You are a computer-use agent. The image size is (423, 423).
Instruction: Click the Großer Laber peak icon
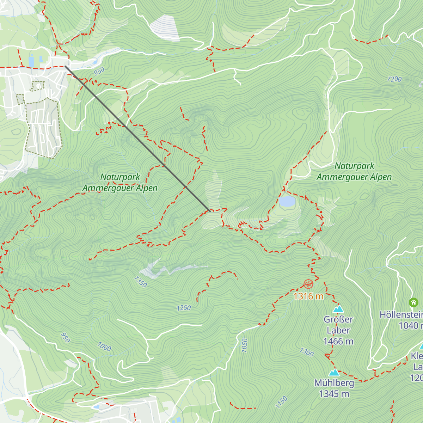[338, 309]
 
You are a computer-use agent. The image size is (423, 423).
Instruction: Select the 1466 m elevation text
[338, 341]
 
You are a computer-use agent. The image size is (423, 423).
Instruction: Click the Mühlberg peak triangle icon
[334, 372]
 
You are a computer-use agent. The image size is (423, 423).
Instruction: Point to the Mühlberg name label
[334, 383]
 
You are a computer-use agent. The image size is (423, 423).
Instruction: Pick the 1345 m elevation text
[334, 394]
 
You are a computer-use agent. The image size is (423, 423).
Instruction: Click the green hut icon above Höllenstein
[413, 302]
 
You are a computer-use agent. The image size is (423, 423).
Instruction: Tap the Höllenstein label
[401, 314]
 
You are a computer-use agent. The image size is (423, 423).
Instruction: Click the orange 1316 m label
[308, 296]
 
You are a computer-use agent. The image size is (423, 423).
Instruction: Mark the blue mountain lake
[287, 201]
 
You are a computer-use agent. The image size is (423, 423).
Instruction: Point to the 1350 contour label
[140, 282]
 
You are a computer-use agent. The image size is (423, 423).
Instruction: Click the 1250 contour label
[184, 308]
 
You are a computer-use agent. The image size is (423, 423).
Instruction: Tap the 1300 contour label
[306, 352]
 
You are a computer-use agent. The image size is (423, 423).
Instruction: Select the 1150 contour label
[281, 402]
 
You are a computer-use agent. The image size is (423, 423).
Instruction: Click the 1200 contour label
[394, 79]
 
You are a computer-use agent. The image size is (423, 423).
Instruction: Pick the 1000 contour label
[104, 347]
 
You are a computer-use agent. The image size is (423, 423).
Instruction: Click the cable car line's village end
[66, 66]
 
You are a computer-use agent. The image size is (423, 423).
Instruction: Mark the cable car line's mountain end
[210, 211]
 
